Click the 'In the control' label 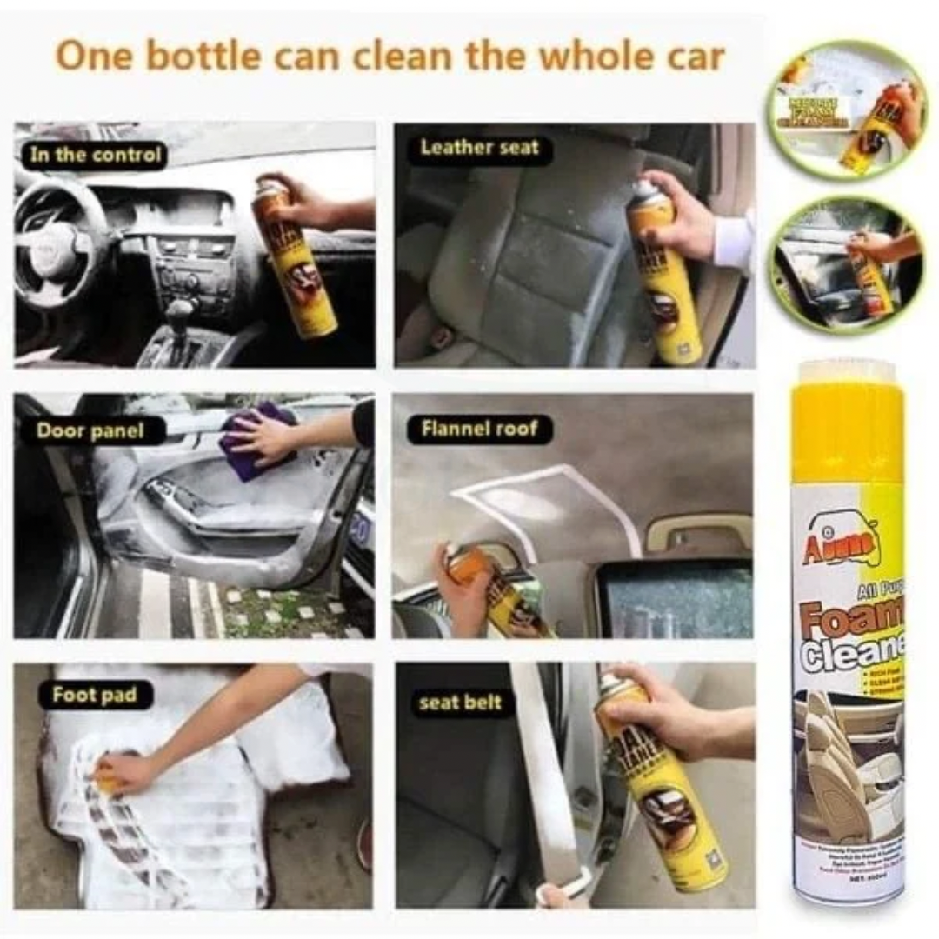coord(96,156)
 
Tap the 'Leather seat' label coord(479,148)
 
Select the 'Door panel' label coord(90,430)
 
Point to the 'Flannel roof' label coord(479,429)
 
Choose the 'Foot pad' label coord(90,696)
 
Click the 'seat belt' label coord(461,703)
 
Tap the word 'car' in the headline coord(692,57)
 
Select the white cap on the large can coord(848,372)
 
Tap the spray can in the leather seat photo coord(665,274)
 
